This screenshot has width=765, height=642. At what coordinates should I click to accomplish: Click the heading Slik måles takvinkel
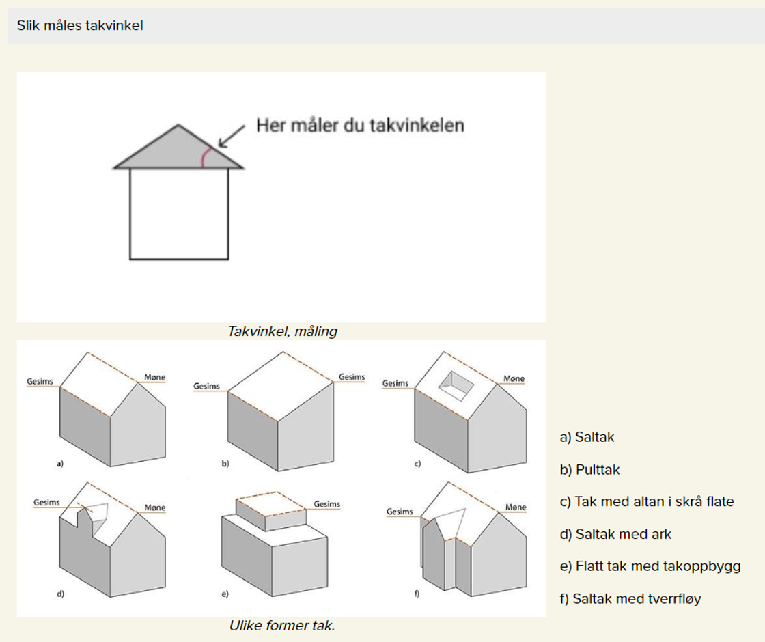tap(80, 25)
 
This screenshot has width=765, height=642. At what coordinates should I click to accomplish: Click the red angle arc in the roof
tap(206, 156)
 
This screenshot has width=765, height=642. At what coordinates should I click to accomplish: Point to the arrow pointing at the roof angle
tap(232, 136)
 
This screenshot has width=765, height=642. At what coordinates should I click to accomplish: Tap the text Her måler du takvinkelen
tap(360, 126)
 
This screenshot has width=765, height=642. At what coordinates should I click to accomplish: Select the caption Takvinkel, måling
tap(283, 331)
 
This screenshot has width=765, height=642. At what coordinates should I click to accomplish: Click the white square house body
tap(179, 214)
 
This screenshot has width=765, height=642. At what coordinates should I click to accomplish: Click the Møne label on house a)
tap(154, 377)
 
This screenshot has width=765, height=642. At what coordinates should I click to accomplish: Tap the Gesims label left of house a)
tap(40, 381)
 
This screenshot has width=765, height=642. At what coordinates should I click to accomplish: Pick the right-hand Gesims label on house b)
tap(352, 376)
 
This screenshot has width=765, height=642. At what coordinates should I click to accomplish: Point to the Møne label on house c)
tap(514, 378)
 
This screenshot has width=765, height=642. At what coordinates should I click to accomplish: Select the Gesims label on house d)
tap(47, 502)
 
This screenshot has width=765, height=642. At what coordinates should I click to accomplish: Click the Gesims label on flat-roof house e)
tap(327, 504)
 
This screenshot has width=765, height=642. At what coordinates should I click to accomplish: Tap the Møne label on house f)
tap(516, 507)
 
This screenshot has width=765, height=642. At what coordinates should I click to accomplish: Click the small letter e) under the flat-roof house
tap(225, 594)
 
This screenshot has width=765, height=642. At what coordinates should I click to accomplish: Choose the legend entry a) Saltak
tap(587, 436)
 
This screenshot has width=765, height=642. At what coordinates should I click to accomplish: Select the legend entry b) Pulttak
tap(590, 469)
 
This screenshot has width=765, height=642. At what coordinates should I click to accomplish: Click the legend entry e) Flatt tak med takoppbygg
tap(650, 566)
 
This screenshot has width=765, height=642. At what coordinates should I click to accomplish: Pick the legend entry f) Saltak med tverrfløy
tap(630, 598)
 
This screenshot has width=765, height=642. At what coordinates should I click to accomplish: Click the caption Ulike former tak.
tap(282, 626)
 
